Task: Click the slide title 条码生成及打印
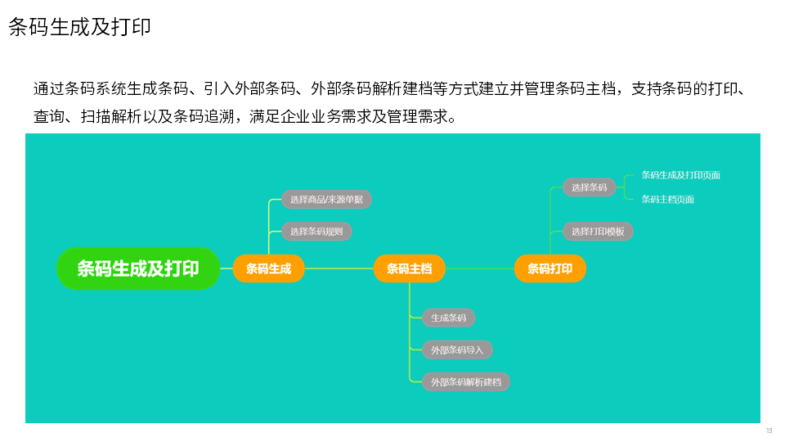point(79,26)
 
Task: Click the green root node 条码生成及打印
point(138,268)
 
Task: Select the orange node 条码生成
point(268,268)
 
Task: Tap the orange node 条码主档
point(409,268)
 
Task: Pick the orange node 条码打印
point(549,268)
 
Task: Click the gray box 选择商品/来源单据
point(326,199)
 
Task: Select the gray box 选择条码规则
point(316,231)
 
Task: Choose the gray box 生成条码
point(448,318)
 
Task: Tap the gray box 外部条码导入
point(457,350)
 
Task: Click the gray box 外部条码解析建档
point(465,381)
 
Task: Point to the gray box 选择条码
point(589,187)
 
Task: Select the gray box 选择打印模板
point(598,231)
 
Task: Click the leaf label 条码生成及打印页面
point(680,175)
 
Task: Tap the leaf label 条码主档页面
point(667,199)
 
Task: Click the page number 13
point(769,431)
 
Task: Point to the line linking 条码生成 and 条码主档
point(339,268)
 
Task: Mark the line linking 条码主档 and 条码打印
point(480,268)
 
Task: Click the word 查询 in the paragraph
point(49,116)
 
